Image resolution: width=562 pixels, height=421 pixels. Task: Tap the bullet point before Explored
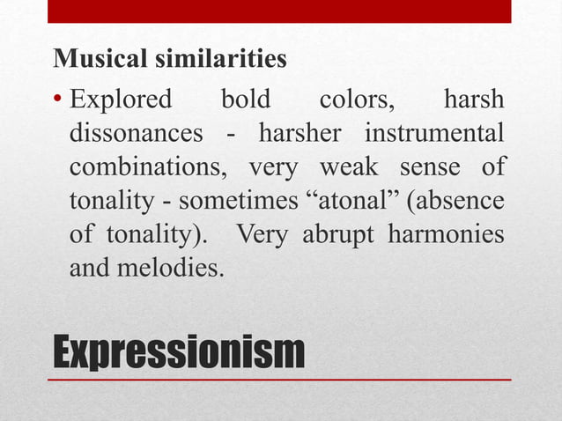click(58, 99)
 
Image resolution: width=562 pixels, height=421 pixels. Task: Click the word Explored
click(121, 99)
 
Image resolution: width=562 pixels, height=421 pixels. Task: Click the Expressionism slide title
click(179, 352)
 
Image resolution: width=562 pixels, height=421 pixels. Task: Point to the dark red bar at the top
click(279, 11)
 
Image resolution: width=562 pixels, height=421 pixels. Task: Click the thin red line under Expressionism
click(279, 380)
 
